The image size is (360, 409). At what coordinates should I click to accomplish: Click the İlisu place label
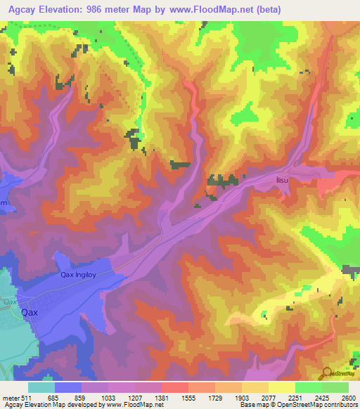click(x=283, y=181)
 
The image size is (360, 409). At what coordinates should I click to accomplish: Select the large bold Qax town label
click(x=30, y=312)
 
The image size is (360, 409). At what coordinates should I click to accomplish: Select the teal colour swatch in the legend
click(x=41, y=387)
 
